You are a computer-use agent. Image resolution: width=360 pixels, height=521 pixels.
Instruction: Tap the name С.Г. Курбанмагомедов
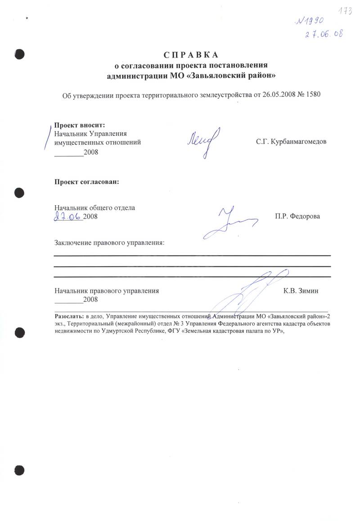click(291, 142)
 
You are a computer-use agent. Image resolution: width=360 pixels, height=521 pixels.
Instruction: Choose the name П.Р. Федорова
click(297, 216)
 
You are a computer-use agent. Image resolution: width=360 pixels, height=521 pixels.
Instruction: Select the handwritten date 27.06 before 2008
click(68, 216)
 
